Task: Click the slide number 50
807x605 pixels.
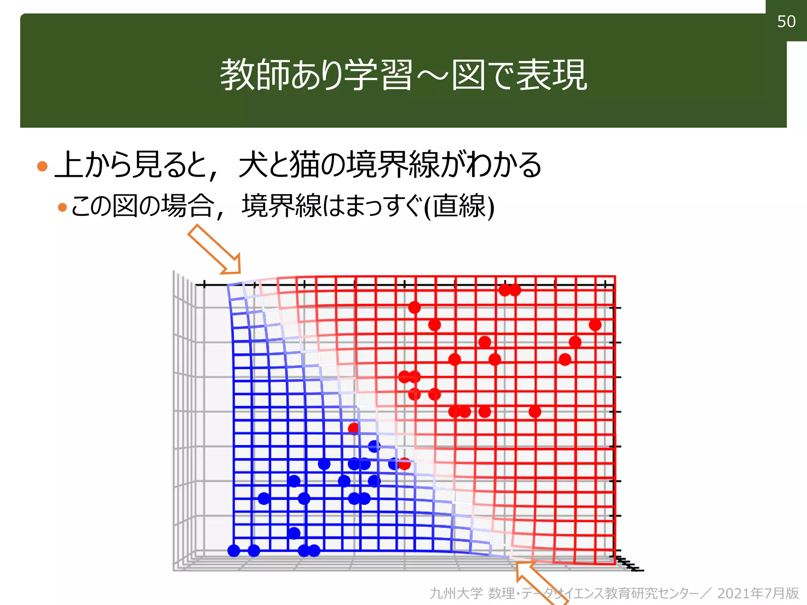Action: tap(786, 21)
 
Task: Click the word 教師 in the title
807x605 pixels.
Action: tap(254, 75)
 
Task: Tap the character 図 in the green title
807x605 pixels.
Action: tap(468, 75)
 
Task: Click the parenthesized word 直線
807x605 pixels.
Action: tap(459, 206)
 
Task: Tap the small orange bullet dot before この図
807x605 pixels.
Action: tap(62, 207)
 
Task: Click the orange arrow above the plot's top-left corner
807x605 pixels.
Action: tap(215, 250)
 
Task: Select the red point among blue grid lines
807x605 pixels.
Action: tap(353, 429)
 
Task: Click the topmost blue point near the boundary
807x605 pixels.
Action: tap(374, 446)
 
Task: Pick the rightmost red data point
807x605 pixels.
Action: tap(595, 325)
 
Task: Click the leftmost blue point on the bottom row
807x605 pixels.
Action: tap(234, 550)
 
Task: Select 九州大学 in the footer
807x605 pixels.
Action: tap(456, 593)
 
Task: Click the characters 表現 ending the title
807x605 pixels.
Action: tap(552, 75)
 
